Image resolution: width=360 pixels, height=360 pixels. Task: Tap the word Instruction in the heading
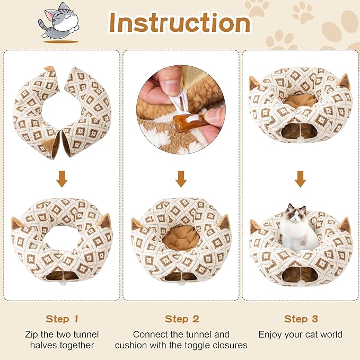coord(179,22)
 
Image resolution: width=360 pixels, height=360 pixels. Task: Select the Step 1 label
coord(62,319)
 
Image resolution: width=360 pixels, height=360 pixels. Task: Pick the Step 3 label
coord(300,319)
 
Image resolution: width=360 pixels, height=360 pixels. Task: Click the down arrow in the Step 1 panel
coord(62,179)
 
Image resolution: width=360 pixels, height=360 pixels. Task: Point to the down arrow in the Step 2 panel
coord(181,179)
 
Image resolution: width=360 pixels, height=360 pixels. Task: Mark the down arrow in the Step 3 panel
coord(301,179)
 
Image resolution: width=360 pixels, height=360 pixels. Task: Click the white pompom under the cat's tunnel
coord(301,284)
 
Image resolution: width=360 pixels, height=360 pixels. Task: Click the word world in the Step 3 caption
coord(330,335)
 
